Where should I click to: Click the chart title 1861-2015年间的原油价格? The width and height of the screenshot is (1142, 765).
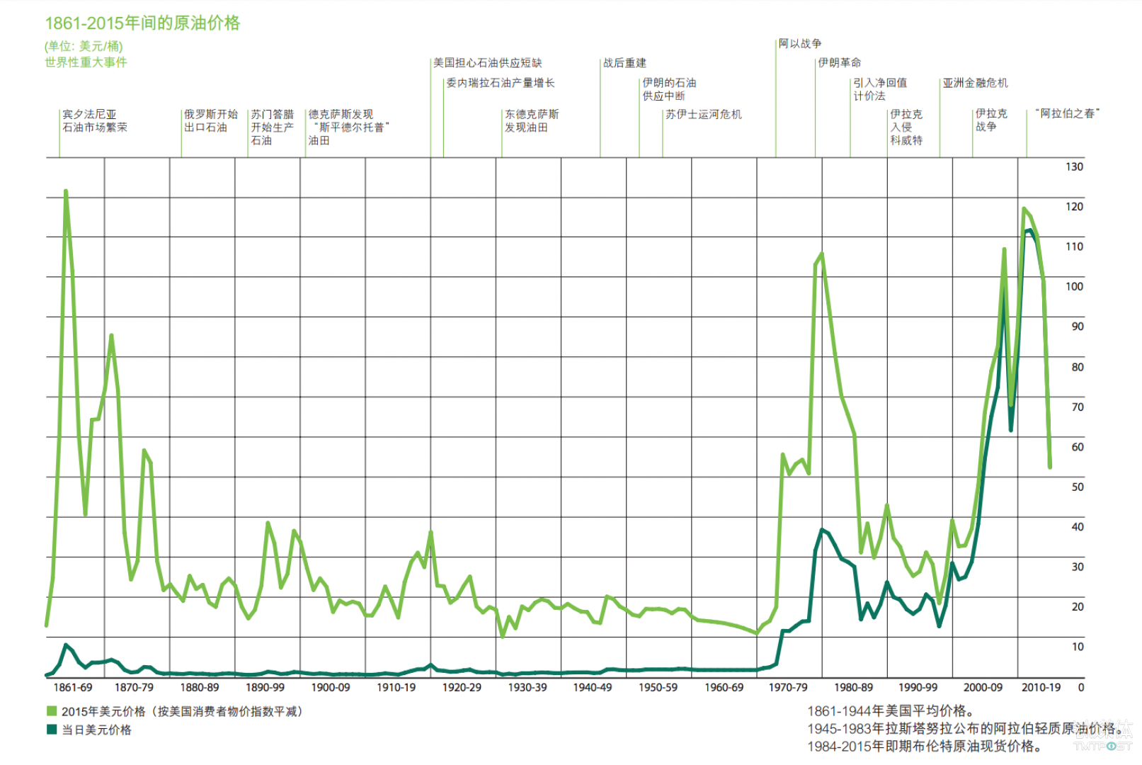tap(142, 23)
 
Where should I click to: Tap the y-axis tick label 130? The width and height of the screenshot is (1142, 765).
tap(1073, 166)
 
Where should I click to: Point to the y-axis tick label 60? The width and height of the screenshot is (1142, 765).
tap(1077, 447)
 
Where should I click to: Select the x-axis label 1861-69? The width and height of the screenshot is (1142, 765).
tap(73, 687)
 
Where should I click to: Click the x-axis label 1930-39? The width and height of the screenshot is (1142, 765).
tap(527, 687)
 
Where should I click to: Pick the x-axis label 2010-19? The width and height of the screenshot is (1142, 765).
tap(1041, 687)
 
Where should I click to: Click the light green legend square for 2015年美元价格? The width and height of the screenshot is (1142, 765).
tap(52, 711)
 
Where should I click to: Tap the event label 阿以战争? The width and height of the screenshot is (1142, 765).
tap(800, 44)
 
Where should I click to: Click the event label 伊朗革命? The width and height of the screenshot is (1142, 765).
tap(840, 63)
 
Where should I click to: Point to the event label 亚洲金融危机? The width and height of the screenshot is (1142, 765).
tap(975, 83)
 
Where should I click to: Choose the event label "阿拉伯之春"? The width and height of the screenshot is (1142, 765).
tap(1068, 113)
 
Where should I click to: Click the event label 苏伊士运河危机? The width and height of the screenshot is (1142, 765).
tap(703, 114)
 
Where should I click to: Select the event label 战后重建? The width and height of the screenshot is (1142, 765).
tap(624, 63)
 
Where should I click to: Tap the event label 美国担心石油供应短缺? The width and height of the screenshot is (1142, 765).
tap(488, 63)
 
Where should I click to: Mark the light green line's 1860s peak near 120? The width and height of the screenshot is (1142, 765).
tap(66, 191)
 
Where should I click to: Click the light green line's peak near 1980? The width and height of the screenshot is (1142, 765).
tap(821, 254)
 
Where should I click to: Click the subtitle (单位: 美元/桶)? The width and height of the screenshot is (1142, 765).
tap(84, 46)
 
